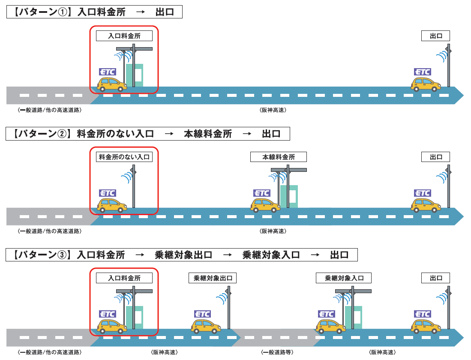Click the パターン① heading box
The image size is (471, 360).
(94, 12)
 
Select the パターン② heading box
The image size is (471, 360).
(148, 134)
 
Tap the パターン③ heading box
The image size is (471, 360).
(182, 255)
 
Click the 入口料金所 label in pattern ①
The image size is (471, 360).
(124, 36)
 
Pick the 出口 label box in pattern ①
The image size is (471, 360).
(436, 36)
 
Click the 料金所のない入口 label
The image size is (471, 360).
(124, 157)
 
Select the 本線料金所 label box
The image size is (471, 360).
(279, 157)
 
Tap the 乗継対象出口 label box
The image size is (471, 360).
(213, 278)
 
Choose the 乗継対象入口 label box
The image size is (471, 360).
(344, 278)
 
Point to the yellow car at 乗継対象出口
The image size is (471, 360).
(206, 327)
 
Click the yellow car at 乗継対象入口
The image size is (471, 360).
(330, 327)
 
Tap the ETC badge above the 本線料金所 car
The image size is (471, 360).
(262, 193)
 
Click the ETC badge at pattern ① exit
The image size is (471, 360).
(423, 72)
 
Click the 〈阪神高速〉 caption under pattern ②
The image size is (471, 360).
(273, 231)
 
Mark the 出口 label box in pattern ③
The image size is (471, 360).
(436, 278)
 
